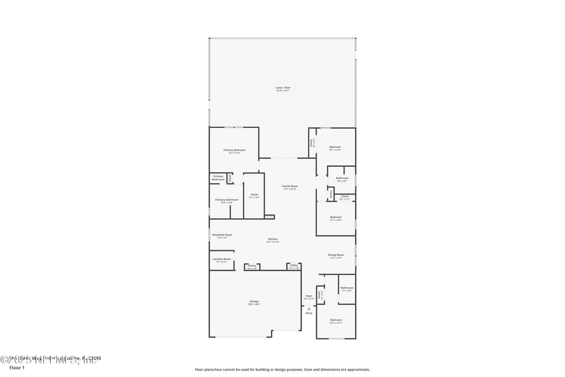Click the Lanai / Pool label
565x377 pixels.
pyautogui.click(x=282, y=88)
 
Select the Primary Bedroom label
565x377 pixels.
pyautogui.click(x=234, y=151)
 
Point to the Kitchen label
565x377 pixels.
pyautogui.click(x=273, y=240)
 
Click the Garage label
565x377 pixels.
pyautogui.click(x=254, y=302)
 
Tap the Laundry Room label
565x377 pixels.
pyautogui.click(x=222, y=260)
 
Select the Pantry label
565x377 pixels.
pyautogui.click(x=251, y=267)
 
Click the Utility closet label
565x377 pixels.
pyautogui.click(x=294, y=267)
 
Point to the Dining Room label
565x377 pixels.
pyautogui.click(x=335, y=255)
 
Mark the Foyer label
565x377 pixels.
pyautogui.click(x=309, y=296)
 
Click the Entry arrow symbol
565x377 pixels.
pyautogui.click(x=309, y=308)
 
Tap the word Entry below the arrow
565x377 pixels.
pyautogui.click(x=309, y=313)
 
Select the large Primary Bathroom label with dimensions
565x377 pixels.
pyautogui.click(x=227, y=201)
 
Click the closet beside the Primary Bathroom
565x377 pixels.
pyautogui.click(x=254, y=195)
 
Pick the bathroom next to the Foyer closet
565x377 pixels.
pyautogui.click(x=347, y=289)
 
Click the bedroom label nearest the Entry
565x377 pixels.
pyautogui.click(x=335, y=321)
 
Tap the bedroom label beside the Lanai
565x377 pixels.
pyautogui.click(x=335, y=148)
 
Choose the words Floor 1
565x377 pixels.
pyautogui.click(x=16, y=369)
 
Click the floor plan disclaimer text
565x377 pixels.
pyautogui.click(x=282, y=369)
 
